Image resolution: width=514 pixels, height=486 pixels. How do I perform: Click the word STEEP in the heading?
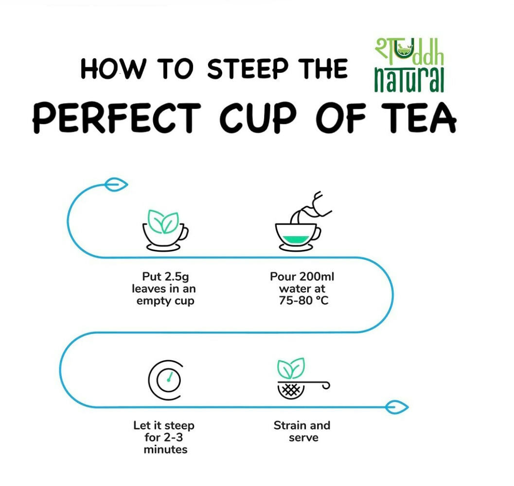(x=248, y=69)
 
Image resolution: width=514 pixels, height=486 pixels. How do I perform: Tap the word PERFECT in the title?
(x=117, y=117)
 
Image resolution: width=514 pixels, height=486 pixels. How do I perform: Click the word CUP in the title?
(x=258, y=118)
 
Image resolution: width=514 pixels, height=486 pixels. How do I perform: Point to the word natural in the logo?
(x=409, y=80)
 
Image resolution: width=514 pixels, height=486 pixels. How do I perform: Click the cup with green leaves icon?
(x=165, y=230)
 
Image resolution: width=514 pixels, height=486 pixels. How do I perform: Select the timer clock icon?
(x=165, y=380)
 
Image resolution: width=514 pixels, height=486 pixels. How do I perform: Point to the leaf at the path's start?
(x=116, y=185)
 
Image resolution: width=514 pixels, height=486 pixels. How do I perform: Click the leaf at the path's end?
(x=397, y=407)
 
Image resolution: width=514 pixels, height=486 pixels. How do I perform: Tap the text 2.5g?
(x=177, y=277)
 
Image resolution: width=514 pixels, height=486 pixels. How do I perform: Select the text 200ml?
(x=316, y=277)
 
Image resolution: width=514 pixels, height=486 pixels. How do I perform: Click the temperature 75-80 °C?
(x=303, y=300)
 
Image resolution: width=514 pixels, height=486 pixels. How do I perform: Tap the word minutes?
(x=165, y=449)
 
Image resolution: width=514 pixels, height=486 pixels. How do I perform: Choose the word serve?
(x=303, y=438)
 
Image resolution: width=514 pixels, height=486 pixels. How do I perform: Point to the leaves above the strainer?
(x=291, y=368)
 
